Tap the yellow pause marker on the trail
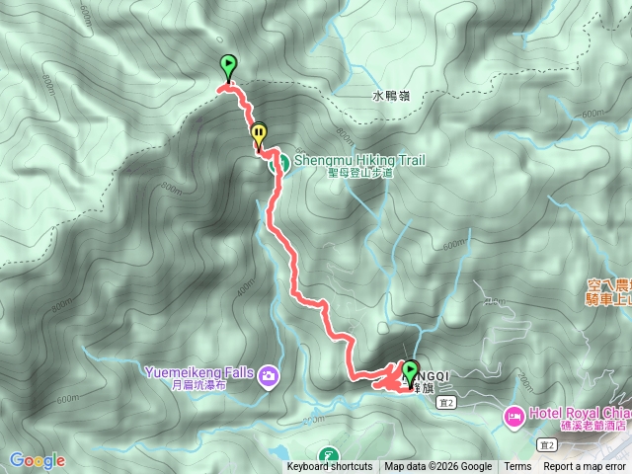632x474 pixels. (259, 132)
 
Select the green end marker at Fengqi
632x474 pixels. (411, 372)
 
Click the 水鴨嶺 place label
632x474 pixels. (391, 97)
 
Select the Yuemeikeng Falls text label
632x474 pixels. (197, 373)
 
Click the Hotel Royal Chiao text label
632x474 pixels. (579, 413)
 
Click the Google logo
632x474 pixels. (38, 460)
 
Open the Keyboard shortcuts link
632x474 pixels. (330, 467)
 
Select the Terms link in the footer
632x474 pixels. (517, 467)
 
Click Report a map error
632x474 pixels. (585, 467)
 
